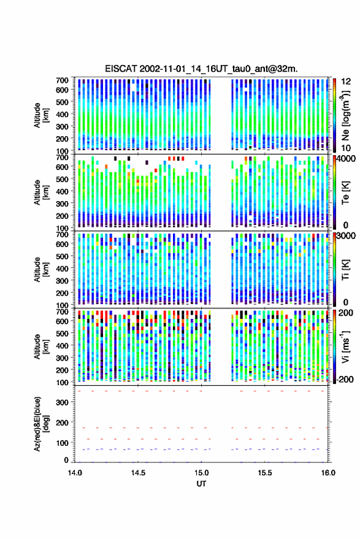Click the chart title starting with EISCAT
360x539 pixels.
pyautogui.click(x=201, y=69)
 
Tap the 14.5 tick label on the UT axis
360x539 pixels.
pyautogui.click(x=138, y=473)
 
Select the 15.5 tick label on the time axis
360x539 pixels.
pyautogui.click(x=264, y=473)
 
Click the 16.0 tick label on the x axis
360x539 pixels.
pyautogui.click(x=328, y=473)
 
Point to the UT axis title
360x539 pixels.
pyautogui.click(x=201, y=484)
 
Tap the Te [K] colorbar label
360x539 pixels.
pyautogui.click(x=345, y=193)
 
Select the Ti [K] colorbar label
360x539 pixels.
pyautogui.click(x=345, y=270)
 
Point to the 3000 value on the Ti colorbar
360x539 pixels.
pyautogui.click(x=346, y=236)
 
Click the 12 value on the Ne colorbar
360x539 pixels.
pyautogui.click(x=346, y=82)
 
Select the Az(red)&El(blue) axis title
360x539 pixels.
pyautogui.click(x=41, y=424)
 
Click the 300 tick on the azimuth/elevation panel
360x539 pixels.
pyautogui.click(x=62, y=402)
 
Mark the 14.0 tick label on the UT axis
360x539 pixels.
pyautogui.click(x=75, y=473)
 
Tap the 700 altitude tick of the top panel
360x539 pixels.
pyautogui.click(x=62, y=80)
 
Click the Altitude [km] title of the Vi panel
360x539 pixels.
pyautogui.click(x=41, y=346)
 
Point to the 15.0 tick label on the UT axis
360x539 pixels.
pyautogui.click(x=201, y=473)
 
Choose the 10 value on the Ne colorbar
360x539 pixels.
pyautogui.click(x=346, y=148)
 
